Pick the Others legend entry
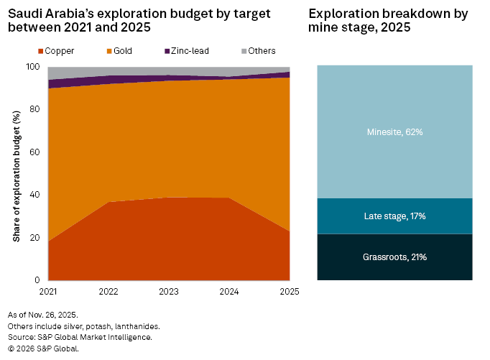coord(257,51)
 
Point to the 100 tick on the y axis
coord(34,67)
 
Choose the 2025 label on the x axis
coord(289,292)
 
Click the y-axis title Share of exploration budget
coord(16,173)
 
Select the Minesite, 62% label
coord(394,132)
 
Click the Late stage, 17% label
coord(394,216)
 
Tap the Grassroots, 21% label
coord(394,257)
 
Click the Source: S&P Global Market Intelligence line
coord(79,337)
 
